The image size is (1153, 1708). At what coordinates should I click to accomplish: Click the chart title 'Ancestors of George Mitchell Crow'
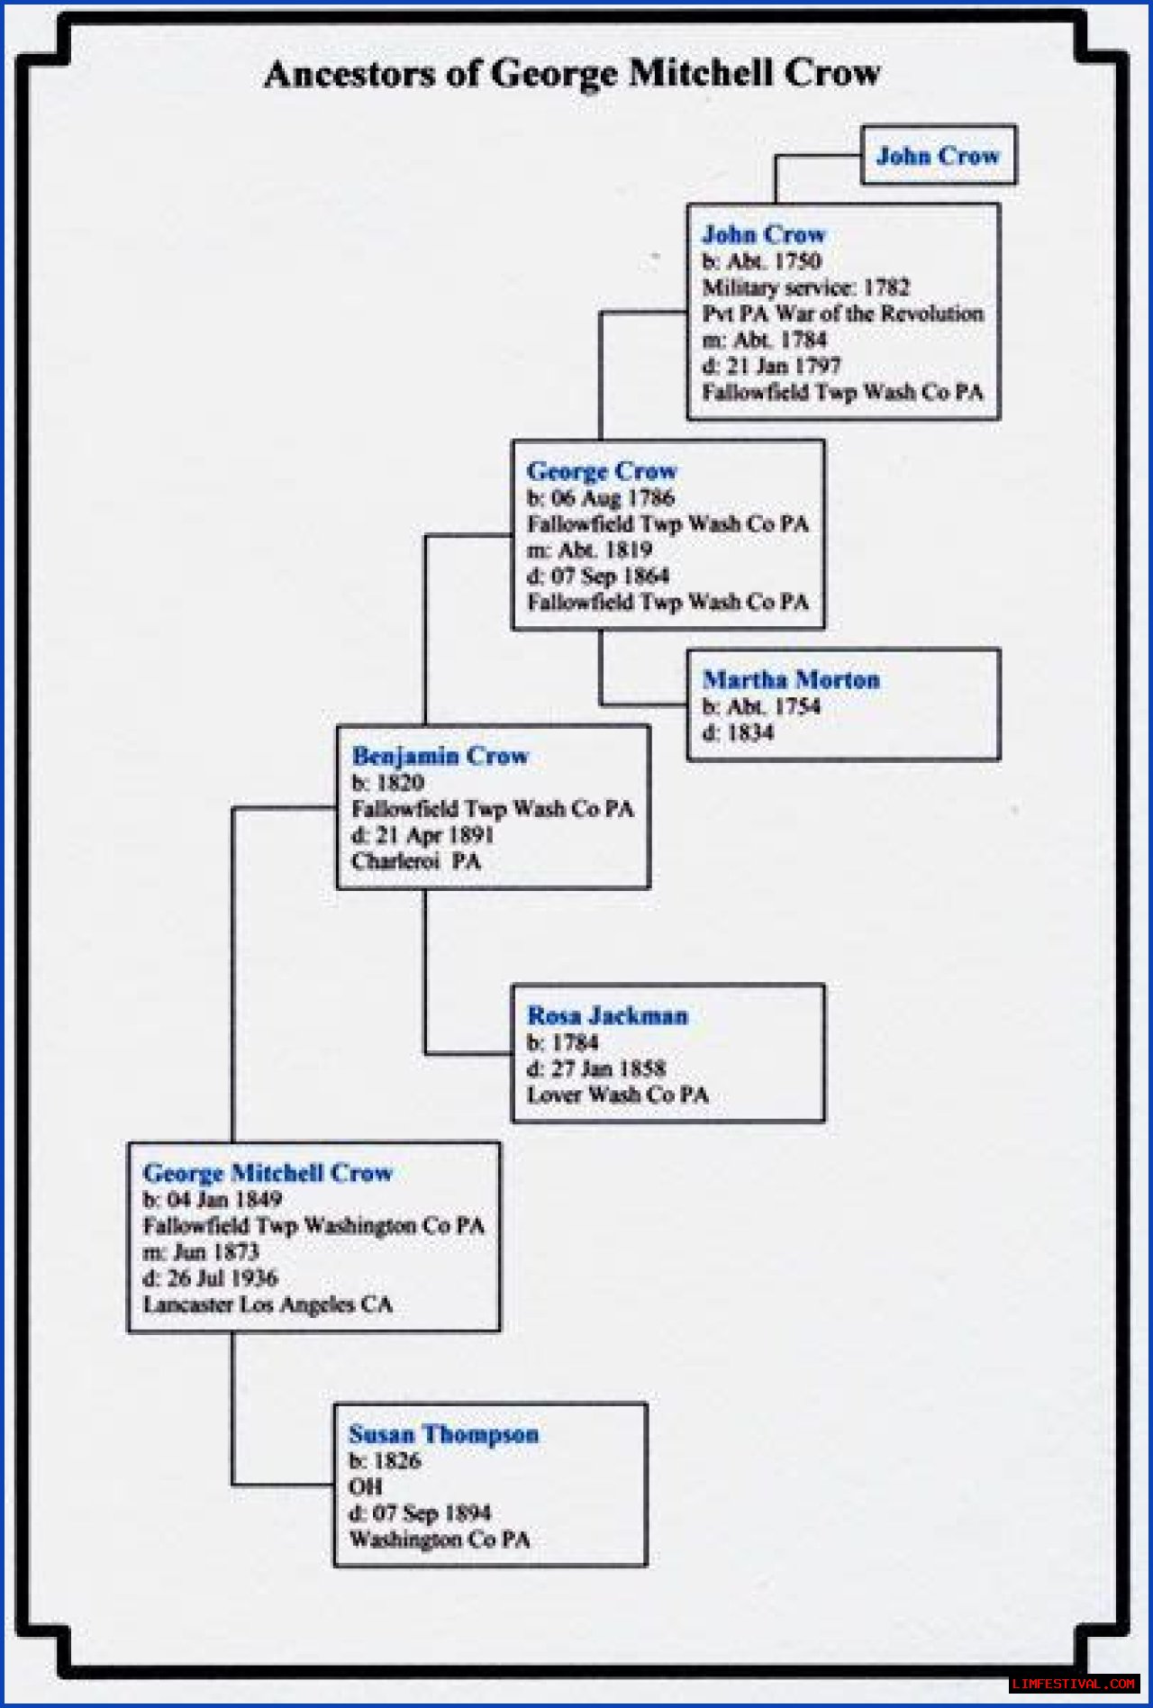573,73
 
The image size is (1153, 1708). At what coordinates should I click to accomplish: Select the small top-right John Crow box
938,156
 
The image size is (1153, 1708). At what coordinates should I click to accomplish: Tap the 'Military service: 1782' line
805,287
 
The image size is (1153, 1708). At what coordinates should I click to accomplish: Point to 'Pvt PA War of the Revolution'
842,313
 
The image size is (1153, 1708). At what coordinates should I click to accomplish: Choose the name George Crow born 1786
602,470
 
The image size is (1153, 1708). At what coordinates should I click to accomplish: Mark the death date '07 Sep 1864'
608,576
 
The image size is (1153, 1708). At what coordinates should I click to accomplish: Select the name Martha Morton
791,679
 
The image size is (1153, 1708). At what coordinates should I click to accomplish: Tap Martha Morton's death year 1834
749,732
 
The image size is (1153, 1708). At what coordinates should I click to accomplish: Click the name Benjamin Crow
440,756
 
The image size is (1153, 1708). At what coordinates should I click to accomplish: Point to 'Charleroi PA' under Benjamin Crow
416,861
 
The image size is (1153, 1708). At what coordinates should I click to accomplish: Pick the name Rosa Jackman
607,1015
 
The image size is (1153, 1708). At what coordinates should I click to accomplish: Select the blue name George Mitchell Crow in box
268,1173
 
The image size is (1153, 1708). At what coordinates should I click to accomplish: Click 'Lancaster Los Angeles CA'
268,1304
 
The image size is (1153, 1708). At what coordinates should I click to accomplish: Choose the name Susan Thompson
443,1434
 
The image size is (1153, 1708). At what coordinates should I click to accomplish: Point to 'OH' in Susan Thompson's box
366,1486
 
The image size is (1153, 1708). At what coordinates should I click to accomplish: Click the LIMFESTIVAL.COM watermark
1073,1684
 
